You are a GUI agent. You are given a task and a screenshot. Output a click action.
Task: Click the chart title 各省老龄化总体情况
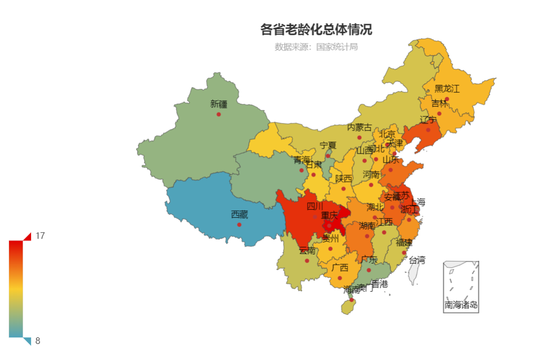(x=316, y=30)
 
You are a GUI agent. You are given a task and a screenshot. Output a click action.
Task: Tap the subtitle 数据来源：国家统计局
(x=316, y=47)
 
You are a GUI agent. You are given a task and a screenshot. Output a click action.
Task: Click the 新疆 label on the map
(x=219, y=104)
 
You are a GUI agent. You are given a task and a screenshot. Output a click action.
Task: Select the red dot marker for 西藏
(x=239, y=224)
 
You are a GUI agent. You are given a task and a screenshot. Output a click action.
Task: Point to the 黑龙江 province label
(x=447, y=89)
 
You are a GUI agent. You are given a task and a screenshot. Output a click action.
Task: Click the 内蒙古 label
(x=359, y=128)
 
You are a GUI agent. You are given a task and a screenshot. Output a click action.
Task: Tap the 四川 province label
(x=315, y=206)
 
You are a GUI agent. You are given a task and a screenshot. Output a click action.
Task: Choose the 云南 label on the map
(x=307, y=251)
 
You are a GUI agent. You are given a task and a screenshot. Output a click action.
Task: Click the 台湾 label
(x=417, y=260)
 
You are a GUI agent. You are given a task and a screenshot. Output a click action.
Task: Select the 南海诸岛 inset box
(x=461, y=287)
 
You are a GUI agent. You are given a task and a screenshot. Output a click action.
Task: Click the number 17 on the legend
(x=40, y=236)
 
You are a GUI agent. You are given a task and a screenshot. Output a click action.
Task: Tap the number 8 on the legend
(x=38, y=341)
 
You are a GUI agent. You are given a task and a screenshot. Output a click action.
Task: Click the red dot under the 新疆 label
(x=219, y=114)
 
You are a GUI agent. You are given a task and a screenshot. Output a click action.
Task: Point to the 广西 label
(x=340, y=268)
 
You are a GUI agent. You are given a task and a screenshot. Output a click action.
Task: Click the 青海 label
(x=302, y=160)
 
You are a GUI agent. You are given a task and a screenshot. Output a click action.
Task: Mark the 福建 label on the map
(x=404, y=243)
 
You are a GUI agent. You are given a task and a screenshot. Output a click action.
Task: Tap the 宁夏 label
(x=328, y=146)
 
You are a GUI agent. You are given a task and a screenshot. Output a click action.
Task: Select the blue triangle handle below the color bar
(x=28, y=341)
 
